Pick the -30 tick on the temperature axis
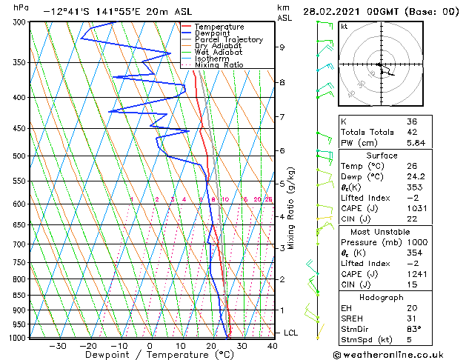[57, 345]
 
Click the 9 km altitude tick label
[282, 47]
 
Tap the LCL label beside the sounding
[290, 333]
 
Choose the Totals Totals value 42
[412, 132]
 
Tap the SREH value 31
[412, 319]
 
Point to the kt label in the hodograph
[344, 26]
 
